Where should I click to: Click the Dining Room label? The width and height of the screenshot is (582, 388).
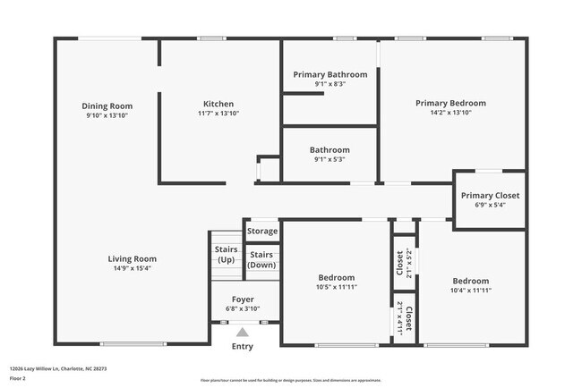click(107, 105)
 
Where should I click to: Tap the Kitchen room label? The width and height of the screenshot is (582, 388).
click(218, 104)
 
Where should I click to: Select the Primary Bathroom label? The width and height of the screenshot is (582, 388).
click(330, 73)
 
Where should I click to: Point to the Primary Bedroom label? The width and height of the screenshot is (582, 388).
click(450, 102)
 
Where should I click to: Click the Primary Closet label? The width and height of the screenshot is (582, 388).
click(490, 195)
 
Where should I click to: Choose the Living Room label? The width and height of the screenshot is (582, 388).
click(133, 258)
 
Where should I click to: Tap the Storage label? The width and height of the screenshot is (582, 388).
click(262, 232)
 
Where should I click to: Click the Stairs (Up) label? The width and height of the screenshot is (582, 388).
click(226, 255)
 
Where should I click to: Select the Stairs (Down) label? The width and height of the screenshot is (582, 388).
click(261, 259)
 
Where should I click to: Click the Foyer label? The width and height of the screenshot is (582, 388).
click(243, 299)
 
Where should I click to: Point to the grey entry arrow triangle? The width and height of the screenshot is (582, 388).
click(242, 332)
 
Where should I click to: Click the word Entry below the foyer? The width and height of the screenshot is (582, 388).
click(242, 346)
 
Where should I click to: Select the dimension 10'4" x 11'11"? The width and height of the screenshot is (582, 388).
click(470, 291)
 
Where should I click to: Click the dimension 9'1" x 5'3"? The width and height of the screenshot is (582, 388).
click(330, 160)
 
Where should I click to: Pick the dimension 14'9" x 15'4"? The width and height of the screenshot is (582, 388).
click(133, 268)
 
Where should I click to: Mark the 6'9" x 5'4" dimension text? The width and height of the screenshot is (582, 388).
click(490, 205)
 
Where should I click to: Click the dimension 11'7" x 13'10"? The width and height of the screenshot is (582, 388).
click(218, 114)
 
